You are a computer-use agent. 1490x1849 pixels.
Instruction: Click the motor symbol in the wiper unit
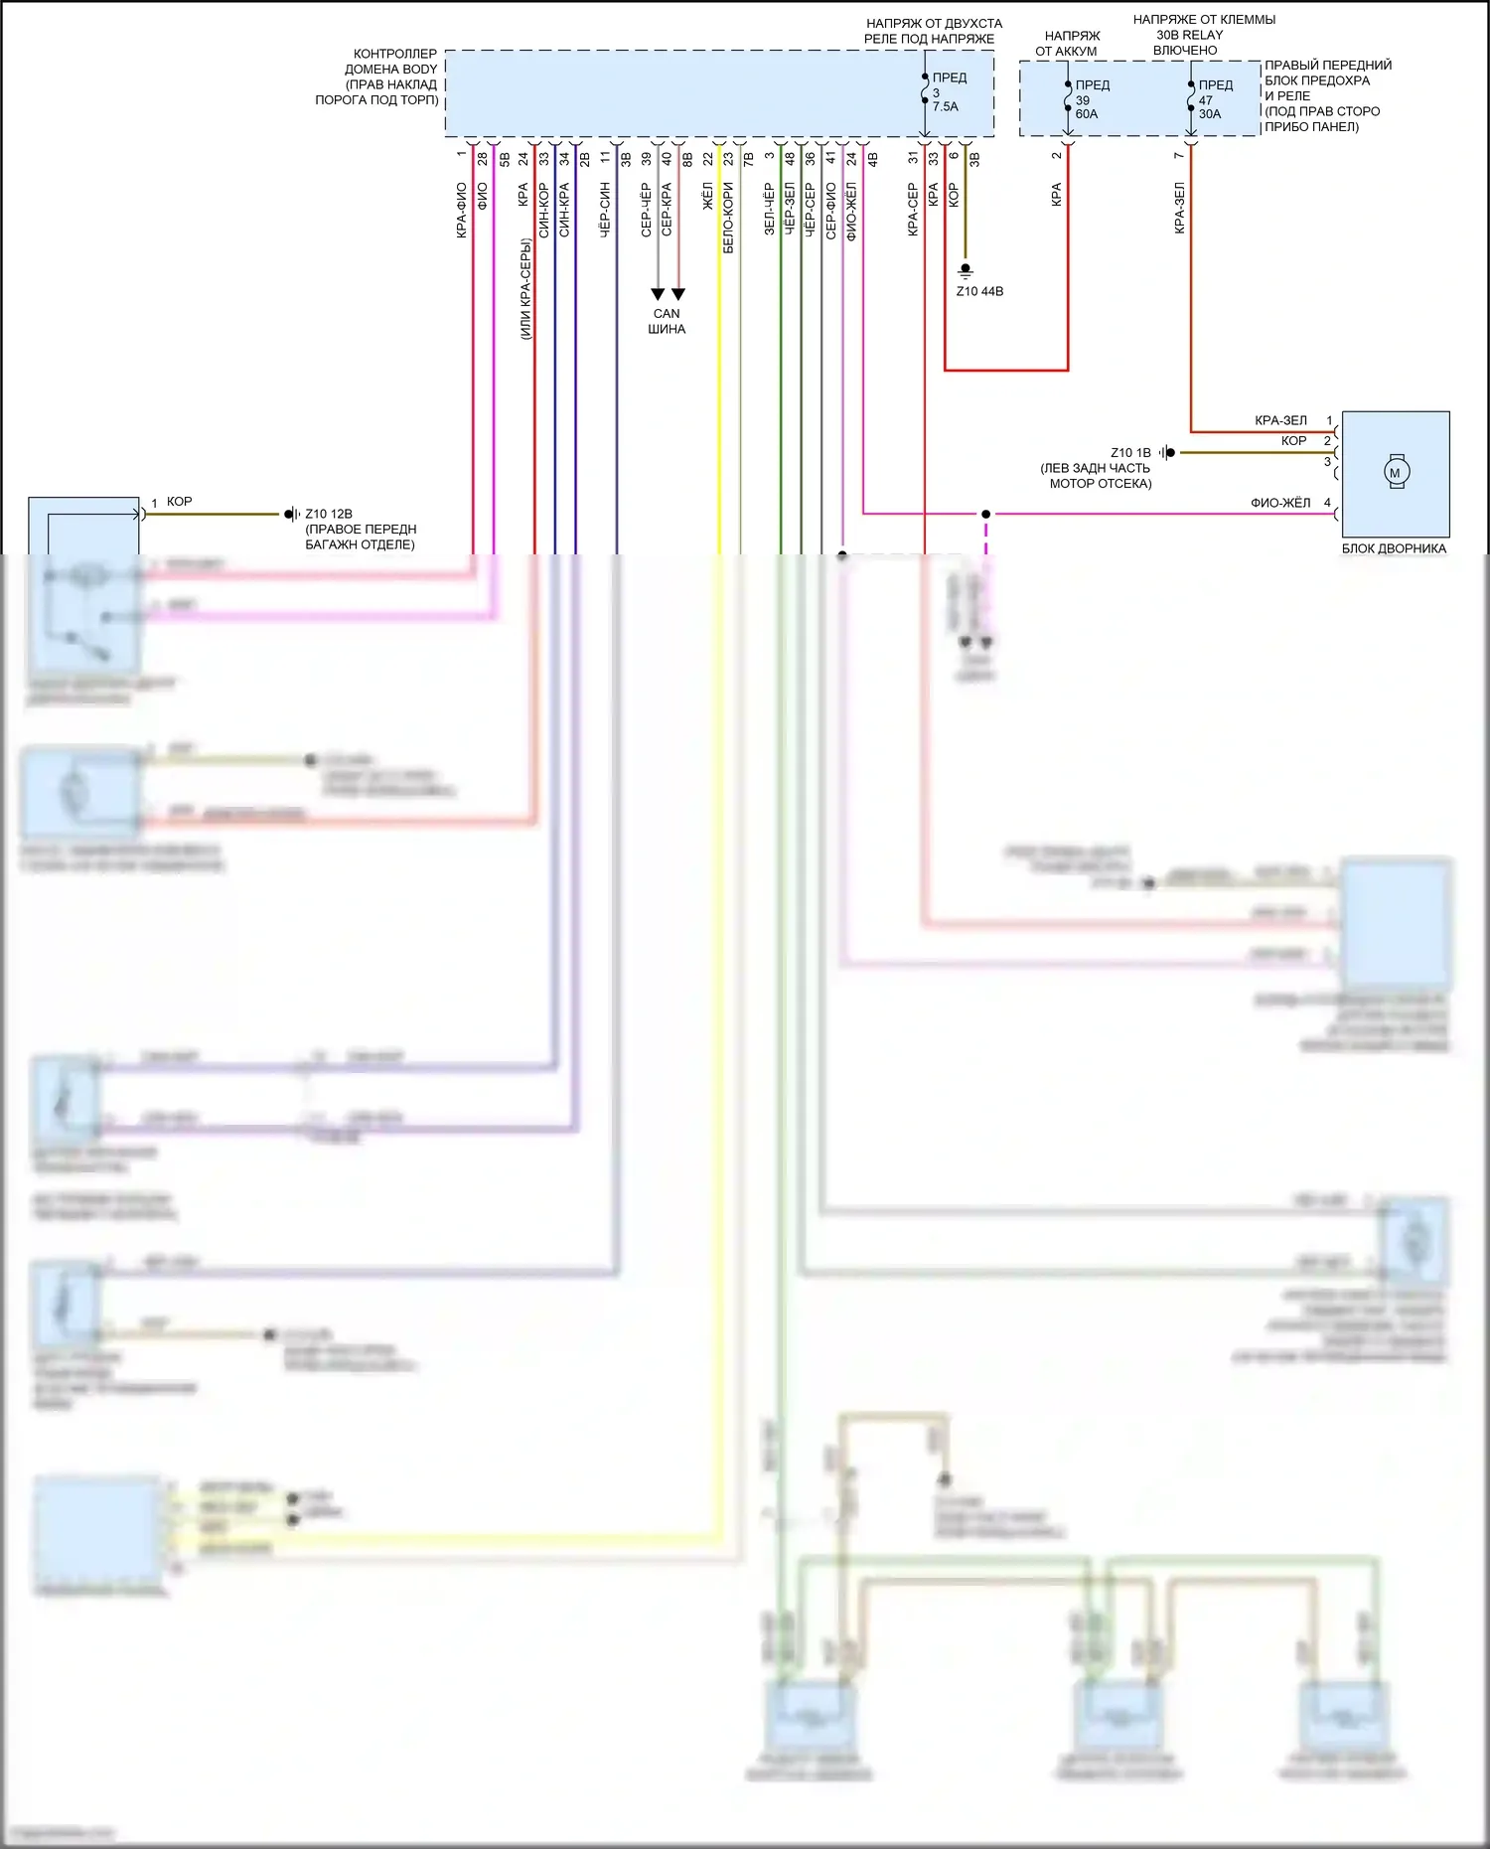[1396, 473]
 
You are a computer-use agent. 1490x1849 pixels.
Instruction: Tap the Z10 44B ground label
[979, 291]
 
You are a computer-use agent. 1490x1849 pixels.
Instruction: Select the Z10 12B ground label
[329, 514]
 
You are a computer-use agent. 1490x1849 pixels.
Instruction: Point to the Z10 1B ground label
[1130, 453]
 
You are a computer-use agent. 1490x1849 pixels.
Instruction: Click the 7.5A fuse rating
[946, 107]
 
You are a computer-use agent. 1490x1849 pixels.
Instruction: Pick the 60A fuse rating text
[1087, 114]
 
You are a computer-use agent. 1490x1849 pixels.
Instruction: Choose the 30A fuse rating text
[1210, 114]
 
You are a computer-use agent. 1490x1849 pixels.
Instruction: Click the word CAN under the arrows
[667, 314]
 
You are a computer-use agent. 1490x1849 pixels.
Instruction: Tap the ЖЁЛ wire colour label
[708, 196]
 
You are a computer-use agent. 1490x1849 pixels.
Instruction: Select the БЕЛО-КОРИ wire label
[728, 218]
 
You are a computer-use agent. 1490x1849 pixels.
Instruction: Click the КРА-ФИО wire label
[462, 210]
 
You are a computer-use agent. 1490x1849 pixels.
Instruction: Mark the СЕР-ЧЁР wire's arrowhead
[658, 294]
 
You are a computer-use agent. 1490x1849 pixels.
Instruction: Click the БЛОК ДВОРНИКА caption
[1394, 548]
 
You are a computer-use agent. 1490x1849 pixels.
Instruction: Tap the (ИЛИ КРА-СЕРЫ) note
[526, 288]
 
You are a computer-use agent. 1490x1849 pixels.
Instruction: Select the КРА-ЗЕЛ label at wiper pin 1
[1280, 420]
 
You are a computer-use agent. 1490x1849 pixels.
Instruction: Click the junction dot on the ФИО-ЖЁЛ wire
[985, 514]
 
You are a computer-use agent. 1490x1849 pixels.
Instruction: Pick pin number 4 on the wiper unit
[1327, 503]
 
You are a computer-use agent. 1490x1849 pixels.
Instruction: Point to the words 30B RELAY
[1189, 35]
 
